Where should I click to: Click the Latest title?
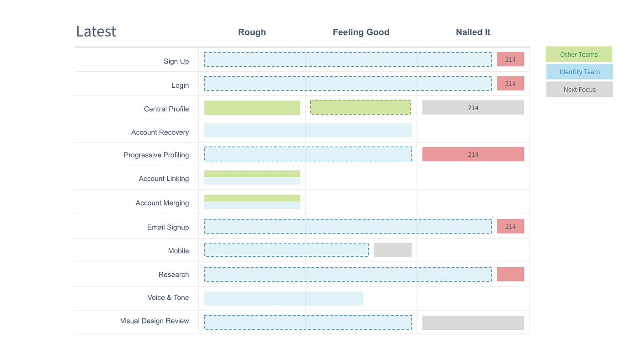pyautogui.click(x=96, y=32)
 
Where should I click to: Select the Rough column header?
pyautogui.click(x=252, y=32)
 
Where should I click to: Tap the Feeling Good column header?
pyautogui.click(x=361, y=32)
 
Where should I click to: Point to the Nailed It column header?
pyautogui.click(x=473, y=32)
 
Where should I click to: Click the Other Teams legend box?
pyautogui.click(x=579, y=54)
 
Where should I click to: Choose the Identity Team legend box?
pyautogui.click(x=579, y=72)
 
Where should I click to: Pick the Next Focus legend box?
pyautogui.click(x=579, y=90)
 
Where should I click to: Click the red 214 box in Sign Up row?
pyautogui.click(x=510, y=59)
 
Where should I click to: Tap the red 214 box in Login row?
pyautogui.click(x=510, y=84)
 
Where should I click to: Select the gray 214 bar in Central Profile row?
pyautogui.click(x=473, y=108)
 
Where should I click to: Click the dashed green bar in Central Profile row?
pyautogui.click(x=360, y=107)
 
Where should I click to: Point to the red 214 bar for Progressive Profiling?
pyautogui.click(x=473, y=154)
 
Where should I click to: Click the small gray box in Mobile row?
pyautogui.click(x=393, y=250)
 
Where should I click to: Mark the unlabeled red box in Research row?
pyautogui.click(x=510, y=274)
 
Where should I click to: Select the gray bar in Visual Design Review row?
pyautogui.click(x=473, y=323)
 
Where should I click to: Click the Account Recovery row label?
pyautogui.click(x=160, y=132)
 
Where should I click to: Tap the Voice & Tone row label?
pyautogui.click(x=168, y=297)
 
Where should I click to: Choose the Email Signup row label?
pyautogui.click(x=168, y=227)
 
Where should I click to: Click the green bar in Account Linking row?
pyautogui.click(x=252, y=174)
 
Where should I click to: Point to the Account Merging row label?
pyautogui.click(x=162, y=203)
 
